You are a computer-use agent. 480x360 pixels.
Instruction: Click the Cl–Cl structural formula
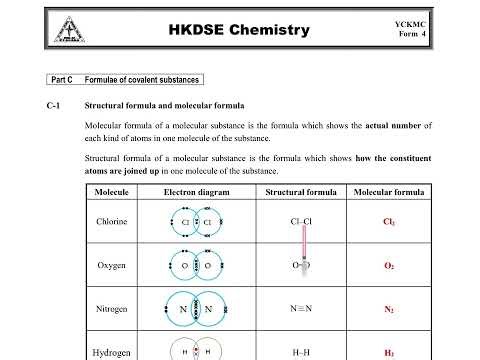click(301, 221)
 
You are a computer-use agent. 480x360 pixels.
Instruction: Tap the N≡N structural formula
click(301, 309)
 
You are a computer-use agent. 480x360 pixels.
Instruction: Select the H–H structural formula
click(301, 353)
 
